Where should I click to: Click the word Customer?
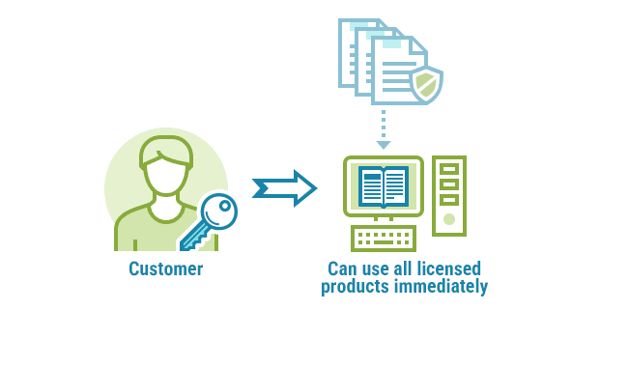point(165,269)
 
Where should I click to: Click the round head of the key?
point(219,211)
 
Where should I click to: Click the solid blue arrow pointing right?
point(284,188)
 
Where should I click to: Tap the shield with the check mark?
point(426,85)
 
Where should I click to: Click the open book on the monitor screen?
point(384,186)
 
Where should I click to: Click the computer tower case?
point(449,195)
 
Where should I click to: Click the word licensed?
point(447,269)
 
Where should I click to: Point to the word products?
point(351,287)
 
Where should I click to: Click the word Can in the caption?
point(341,269)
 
